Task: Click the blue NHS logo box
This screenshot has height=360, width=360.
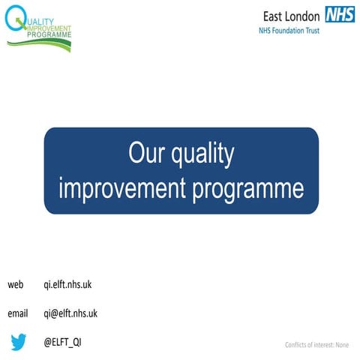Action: click(340, 14)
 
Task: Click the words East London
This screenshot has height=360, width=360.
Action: click(292, 15)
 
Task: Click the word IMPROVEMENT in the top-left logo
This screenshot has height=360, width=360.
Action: click(49, 28)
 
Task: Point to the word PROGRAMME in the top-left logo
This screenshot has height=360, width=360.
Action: click(51, 35)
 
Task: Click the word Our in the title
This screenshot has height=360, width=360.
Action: click(146, 154)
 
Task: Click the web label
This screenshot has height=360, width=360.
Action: click(16, 285)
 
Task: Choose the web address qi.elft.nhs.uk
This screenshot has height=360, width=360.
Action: click(67, 285)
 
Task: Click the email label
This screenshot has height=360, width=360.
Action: click(18, 313)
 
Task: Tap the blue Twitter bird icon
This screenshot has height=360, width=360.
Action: click(19, 342)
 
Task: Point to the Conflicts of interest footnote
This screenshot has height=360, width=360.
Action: click(316, 345)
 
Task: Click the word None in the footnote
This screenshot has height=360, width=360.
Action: click(342, 345)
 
